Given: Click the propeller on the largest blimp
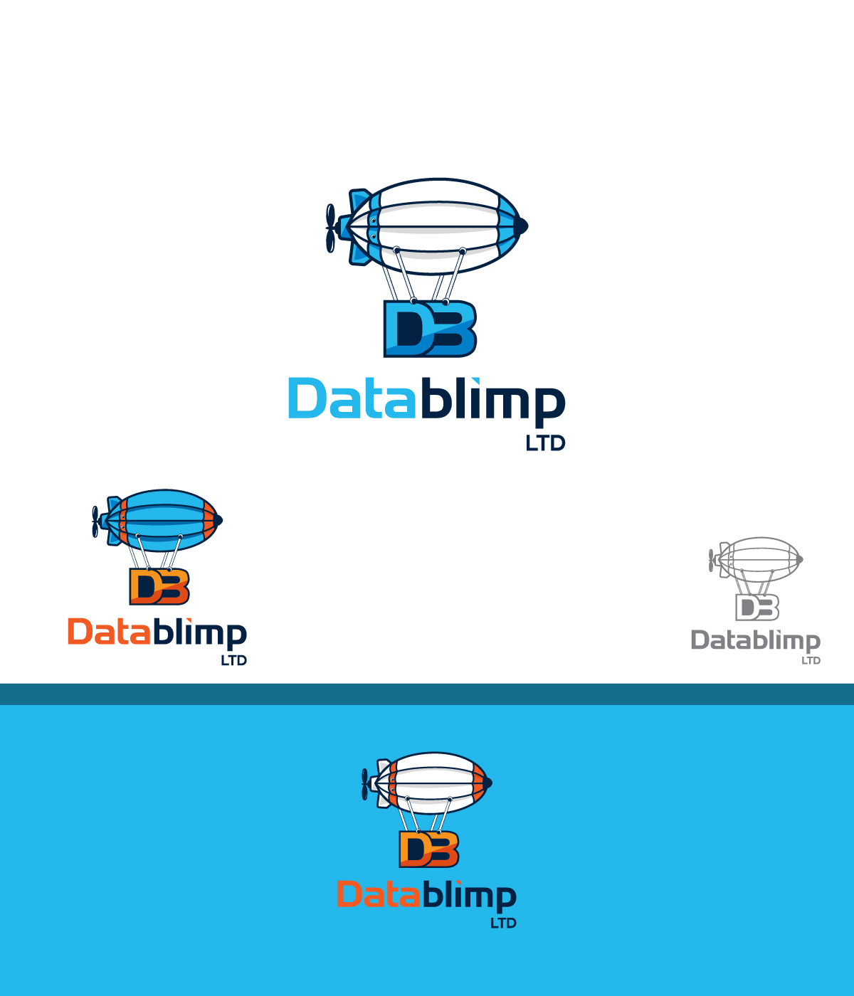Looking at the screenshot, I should [330, 228].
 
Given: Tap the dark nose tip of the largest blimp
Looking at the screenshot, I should [523, 226].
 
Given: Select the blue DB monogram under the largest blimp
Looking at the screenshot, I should [429, 329].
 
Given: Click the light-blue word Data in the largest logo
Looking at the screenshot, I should [351, 399].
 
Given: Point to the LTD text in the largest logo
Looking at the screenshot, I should [545, 443].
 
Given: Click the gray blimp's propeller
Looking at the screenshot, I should [711, 560].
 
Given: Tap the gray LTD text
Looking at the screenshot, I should [811, 660].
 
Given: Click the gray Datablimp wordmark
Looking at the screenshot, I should [755, 641].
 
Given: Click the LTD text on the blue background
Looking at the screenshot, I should [503, 923].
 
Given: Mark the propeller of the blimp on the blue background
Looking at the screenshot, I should [365, 784].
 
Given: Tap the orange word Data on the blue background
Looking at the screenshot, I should [377, 894].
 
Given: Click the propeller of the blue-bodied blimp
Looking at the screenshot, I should [95, 521].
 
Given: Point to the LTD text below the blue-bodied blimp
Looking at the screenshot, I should [233, 660].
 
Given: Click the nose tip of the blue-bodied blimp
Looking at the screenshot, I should [219, 520].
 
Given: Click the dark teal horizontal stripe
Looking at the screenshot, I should [427, 694].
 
